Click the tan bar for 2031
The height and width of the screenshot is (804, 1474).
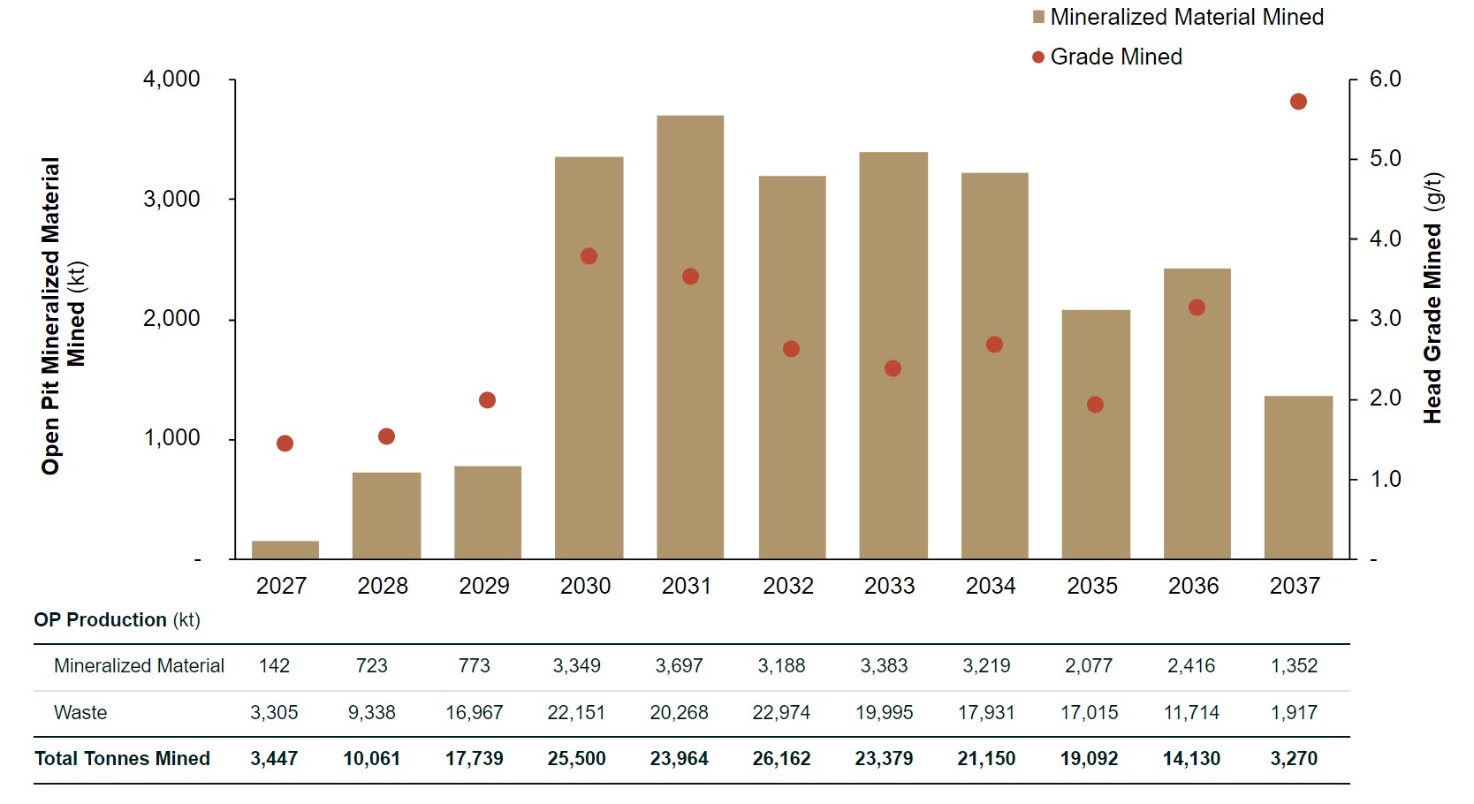(x=690, y=337)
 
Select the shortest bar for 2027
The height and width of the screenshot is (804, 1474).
(x=285, y=550)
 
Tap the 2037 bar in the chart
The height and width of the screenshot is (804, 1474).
(x=1298, y=477)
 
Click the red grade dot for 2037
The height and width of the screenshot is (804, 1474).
(x=1298, y=102)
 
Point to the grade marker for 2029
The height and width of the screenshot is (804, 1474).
(x=487, y=400)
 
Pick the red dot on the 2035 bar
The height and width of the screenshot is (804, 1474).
(x=1095, y=405)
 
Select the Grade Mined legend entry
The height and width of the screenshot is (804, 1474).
(x=1107, y=57)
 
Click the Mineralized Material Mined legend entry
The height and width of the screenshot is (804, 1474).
(x=1178, y=18)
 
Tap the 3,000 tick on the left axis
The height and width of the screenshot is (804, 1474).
(x=171, y=199)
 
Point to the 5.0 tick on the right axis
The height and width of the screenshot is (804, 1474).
(x=1385, y=159)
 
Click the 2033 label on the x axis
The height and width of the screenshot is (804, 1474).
(x=889, y=586)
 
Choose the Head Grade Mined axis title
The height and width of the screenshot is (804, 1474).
(x=1432, y=298)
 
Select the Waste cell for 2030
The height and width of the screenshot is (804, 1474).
(x=576, y=713)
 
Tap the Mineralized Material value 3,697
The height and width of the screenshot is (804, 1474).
(x=679, y=666)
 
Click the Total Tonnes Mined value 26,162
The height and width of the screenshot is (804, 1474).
(x=781, y=759)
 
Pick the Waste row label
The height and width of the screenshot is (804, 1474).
(x=80, y=713)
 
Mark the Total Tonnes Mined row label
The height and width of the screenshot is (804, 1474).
(x=122, y=759)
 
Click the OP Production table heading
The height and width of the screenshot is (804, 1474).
(x=117, y=620)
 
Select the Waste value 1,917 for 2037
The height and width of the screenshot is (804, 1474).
(x=1294, y=713)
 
